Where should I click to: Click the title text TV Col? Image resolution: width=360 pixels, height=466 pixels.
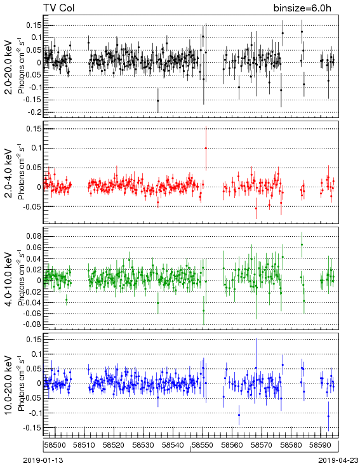[58, 8]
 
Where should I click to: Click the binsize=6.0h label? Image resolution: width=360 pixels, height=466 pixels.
[302, 8]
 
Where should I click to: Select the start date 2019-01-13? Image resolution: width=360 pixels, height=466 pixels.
[43, 460]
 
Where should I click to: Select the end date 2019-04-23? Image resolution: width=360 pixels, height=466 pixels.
[338, 460]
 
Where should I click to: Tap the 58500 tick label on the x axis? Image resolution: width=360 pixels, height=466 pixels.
[55, 445]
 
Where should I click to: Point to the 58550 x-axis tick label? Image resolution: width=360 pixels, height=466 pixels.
[203, 445]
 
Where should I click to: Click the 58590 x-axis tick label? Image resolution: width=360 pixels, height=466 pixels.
[321, 445]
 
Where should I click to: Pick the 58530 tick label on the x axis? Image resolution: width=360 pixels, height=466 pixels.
[143, 445]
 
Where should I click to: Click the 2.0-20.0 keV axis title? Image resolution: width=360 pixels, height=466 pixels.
[8, 67]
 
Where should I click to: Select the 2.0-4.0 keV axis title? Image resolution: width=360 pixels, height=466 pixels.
[8, 173]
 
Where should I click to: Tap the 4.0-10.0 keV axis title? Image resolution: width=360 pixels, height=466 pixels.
[8, 279]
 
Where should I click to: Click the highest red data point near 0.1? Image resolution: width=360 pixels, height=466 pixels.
[206, 148]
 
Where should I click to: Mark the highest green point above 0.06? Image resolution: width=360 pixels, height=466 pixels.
[302, 244]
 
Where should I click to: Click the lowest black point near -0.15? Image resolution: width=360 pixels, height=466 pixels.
[158, 100]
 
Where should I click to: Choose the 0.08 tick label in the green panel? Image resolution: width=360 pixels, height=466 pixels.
[34, 236]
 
